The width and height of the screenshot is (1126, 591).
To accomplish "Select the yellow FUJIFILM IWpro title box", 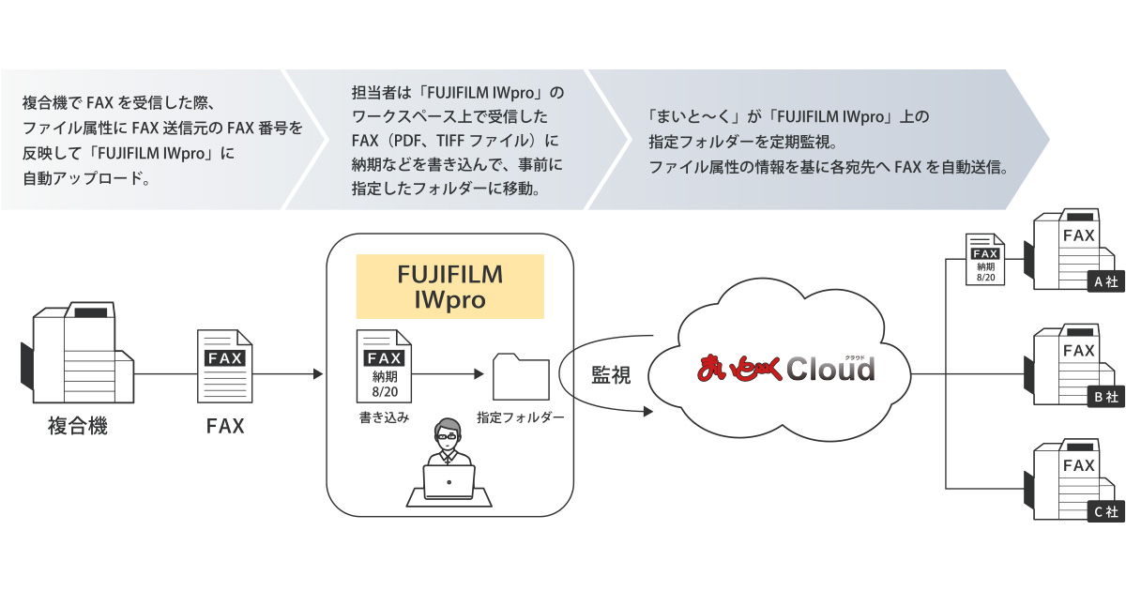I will pyautogui.click(x=449, y=286).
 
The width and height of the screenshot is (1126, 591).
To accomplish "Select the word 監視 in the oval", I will pyautogui.click(x=611, y=375).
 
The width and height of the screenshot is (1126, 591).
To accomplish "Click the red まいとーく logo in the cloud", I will pyautogui.click(x=737, y=369).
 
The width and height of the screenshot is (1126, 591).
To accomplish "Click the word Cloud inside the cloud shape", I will pyautogui.click(x=829, y=370).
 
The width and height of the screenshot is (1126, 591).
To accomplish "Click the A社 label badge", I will pyautogui.click(x=1103, y=281).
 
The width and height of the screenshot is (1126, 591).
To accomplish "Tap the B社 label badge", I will pyautogui.click(x=1103, y=397).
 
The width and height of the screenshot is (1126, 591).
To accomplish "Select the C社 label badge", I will pyautogui.click(x=1103, y=512).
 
